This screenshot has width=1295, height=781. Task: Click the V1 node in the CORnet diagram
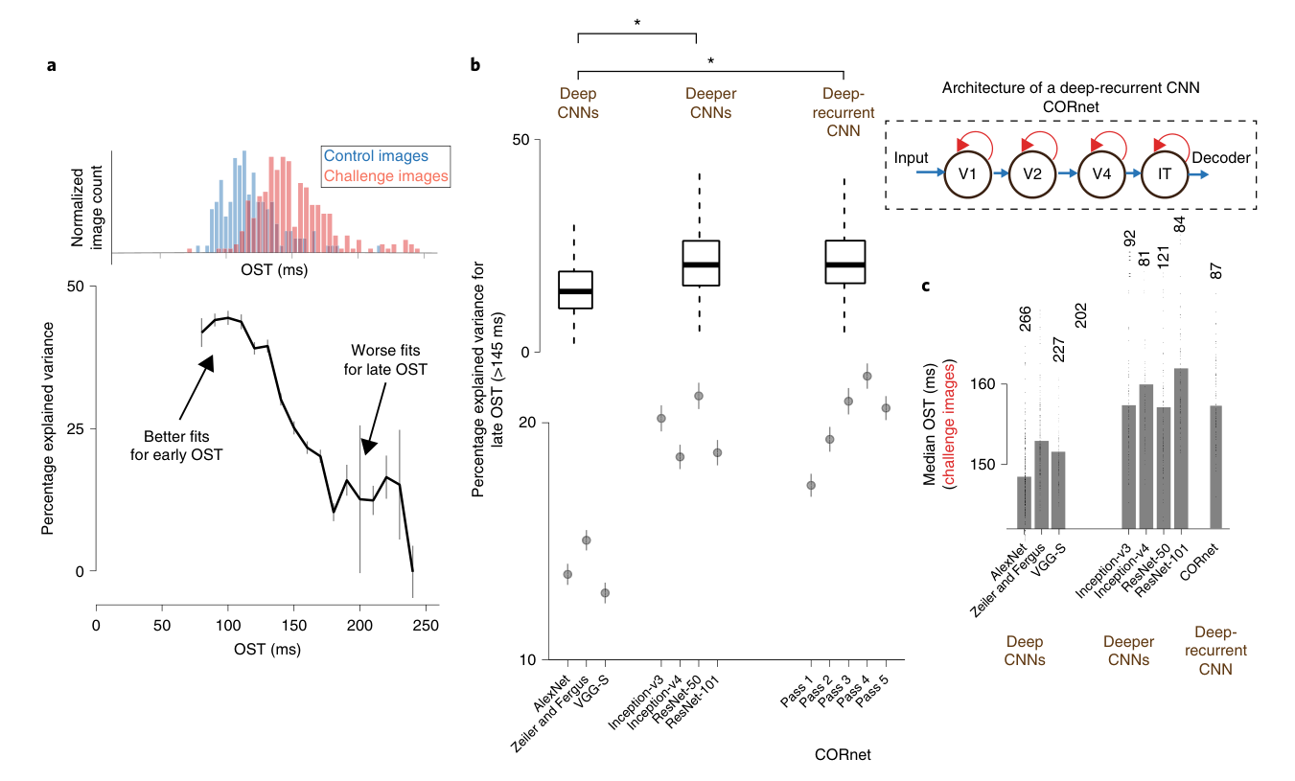click(967, 174)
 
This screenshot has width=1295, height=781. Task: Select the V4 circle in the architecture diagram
click(1101, 174)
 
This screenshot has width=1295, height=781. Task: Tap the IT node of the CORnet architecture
click(1165, 174)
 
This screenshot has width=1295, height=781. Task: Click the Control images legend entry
click(376, 155)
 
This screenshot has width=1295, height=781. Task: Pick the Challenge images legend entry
click(385, 175)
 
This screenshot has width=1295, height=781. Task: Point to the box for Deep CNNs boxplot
click(575, 289)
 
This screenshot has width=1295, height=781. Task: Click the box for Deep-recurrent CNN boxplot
click(845, 262)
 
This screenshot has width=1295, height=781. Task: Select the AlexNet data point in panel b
click(567, 574)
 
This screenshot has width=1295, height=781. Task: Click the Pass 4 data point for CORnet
click(867, 377)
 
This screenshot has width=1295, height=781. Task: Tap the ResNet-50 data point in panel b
click(699, 396)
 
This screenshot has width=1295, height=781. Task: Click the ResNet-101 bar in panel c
click(1181, 448)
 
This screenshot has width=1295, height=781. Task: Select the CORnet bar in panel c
click(1215, 467)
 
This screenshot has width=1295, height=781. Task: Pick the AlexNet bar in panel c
click(1025, 502)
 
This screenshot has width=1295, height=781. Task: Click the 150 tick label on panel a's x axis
click(294, 626)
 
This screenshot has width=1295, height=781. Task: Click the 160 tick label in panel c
click(983, 384)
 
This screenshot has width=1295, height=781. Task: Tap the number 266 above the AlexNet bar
click(1025, 319)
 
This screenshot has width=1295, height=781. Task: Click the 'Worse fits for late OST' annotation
click(385, 359)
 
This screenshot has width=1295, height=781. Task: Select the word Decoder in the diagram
click(1221, 157)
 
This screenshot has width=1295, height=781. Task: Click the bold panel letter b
click(475, 65)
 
